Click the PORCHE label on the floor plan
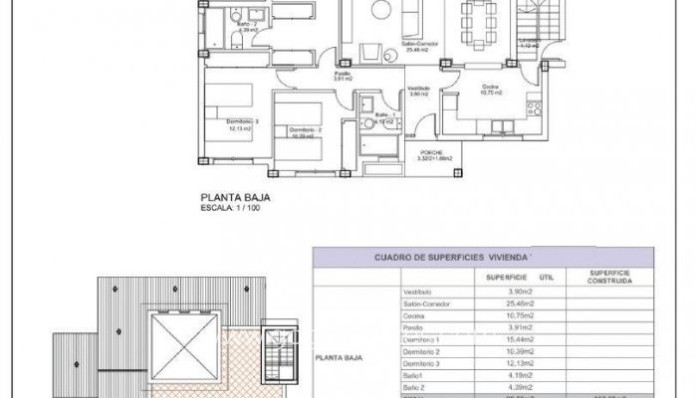(433, 152)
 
